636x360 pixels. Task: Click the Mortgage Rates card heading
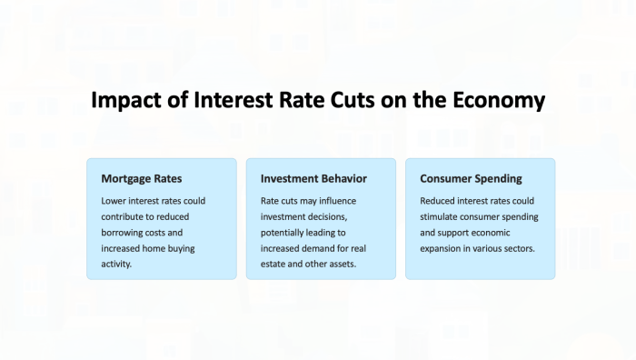click(x=142, y=178)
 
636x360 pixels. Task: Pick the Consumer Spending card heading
click(x=471, y=178)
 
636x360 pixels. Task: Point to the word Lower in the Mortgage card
click(x=115, y=201)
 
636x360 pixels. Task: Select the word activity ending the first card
click(x=117, y=265)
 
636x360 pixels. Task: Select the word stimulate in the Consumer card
click(x=441, y=216)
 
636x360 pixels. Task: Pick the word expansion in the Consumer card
click(x=443, y=248)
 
